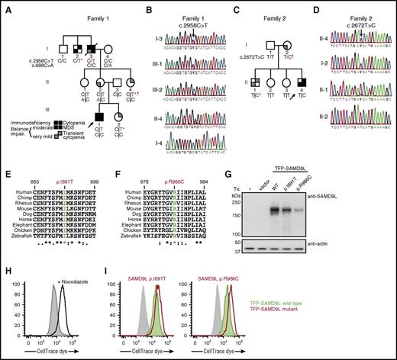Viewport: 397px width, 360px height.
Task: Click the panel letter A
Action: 5,6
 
